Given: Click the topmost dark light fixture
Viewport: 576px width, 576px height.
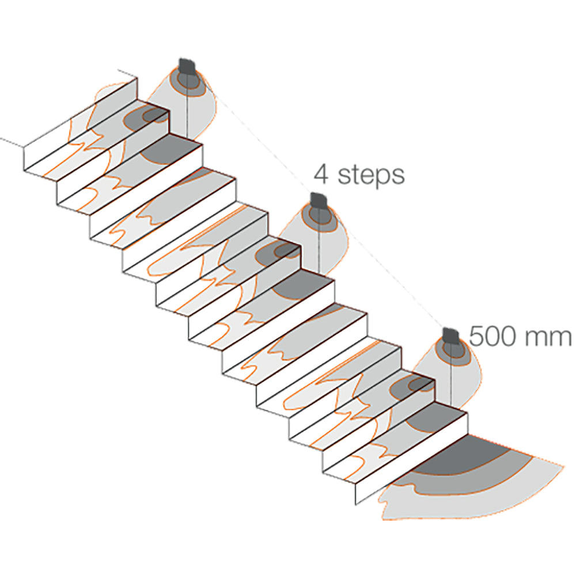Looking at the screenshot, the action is coord(186,67).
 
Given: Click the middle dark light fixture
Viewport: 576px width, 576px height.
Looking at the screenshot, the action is coord(319,201).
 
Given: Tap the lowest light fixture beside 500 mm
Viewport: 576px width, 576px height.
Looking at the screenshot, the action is coord(451,336).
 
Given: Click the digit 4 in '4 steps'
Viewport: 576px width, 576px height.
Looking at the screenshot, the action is coord(321,175).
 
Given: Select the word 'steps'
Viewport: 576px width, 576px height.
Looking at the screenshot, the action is coord(371,176).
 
